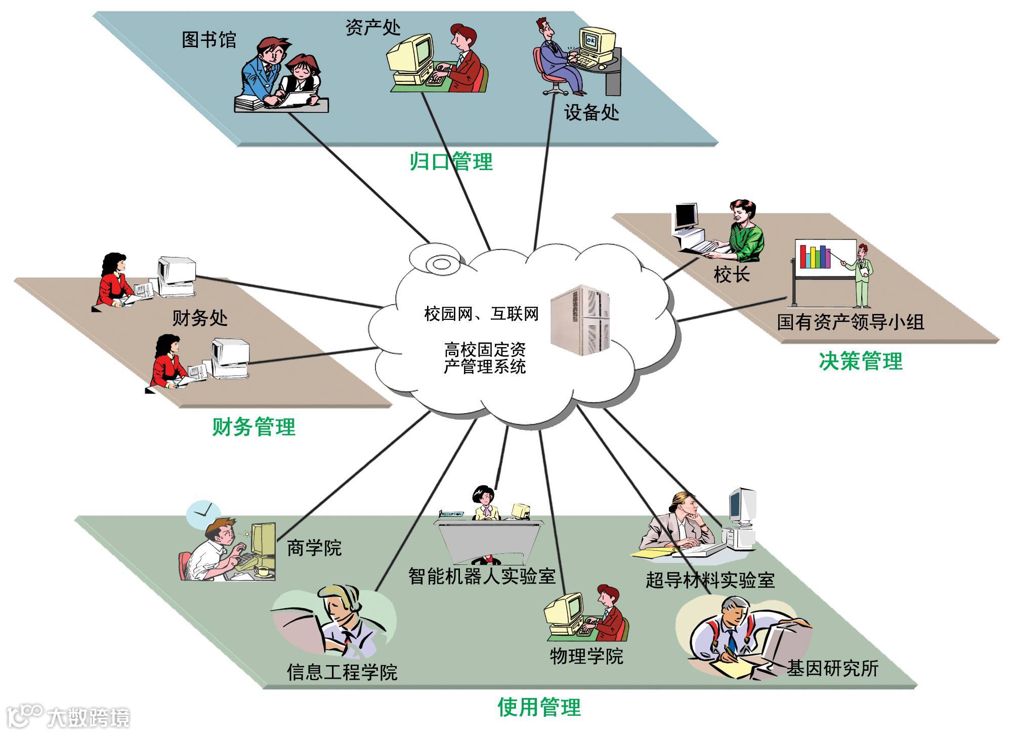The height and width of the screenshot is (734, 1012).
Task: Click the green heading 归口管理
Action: (451, 162)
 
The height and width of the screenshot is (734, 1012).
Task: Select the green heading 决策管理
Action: (860, 361)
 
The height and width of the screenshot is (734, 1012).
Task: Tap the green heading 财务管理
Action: (254, 427)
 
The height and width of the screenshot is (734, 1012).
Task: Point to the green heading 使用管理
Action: (539, 707)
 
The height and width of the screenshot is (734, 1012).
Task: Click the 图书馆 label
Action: (209, 40)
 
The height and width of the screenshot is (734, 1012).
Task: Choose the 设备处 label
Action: (592, 112)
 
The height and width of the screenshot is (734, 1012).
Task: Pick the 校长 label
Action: (731, 275)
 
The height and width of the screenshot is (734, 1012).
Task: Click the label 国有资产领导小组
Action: (851, 322)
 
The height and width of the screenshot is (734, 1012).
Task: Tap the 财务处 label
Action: (200, 318)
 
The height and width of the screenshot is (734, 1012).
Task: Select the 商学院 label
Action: (314, 548)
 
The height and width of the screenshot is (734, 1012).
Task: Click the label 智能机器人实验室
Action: (482, 576)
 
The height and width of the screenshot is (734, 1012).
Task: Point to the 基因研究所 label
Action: (832, 668)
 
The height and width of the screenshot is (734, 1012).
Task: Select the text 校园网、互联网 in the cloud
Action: (481, 314)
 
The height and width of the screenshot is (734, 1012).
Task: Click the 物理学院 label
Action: (586, 657)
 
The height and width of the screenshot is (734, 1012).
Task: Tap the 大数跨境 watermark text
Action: (89, 717)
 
